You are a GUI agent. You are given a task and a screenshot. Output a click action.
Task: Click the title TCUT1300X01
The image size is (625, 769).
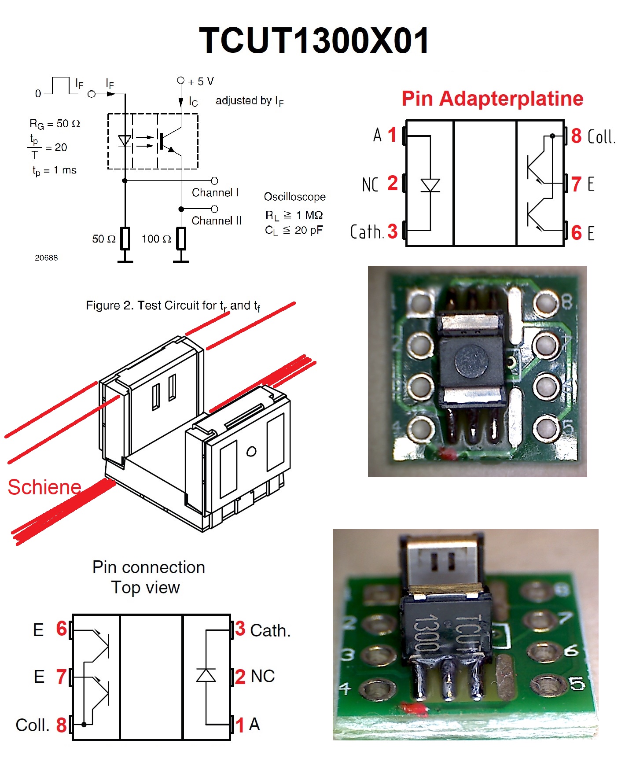pyautogui.click(x=314, y=40)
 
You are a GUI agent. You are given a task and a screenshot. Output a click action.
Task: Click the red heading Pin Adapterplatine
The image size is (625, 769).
pyautogui.click(x=492, y=99)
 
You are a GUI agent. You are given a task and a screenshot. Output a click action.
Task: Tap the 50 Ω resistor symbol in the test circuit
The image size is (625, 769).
pyautogui.click(x=125, y=239)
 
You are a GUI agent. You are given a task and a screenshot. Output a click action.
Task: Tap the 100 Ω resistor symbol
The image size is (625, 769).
pyautogui.click(x=181, y=239)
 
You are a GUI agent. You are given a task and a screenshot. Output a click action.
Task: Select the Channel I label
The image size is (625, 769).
pyautogui.click(x=215, y=193)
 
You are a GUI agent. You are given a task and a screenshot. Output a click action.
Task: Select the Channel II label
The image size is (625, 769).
pyautogui.click(x=217, y=221)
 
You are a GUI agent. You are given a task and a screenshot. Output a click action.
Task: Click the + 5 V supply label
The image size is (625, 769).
pyautogui.click(x=201, y=81)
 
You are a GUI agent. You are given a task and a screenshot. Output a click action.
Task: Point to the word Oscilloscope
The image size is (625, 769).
pyautogui.click(x=294, y=197)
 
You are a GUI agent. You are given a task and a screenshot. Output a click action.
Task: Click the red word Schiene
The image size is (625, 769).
pyautogui.click(x=44, y=487)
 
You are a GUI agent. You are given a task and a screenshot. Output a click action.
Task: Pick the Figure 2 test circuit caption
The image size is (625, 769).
pyautogui.click(x=173, y=305)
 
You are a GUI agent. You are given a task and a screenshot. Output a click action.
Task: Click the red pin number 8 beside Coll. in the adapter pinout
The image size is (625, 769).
pyautogui.click(x=576, y=136)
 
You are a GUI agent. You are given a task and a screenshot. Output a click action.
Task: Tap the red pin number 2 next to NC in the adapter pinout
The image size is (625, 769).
pyautogui.click(x=393, y=183)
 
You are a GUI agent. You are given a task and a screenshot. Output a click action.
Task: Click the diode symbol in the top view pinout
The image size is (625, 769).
pyautogui.click(x=206, y=675)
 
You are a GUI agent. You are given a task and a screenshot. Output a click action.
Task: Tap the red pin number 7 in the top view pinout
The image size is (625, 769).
pyautogui.click(x=61, y=677)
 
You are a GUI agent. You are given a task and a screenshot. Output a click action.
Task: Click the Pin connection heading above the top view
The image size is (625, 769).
pyautogui.click(x=148, y=567)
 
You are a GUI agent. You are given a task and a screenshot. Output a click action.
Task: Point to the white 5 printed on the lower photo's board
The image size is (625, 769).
pyautogui.click(x=577, y=683)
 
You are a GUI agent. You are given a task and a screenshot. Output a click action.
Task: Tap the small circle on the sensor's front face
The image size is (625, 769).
pyautogui.click(x=251, y=451)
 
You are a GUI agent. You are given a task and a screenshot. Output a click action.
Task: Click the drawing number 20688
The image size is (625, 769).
pyautogui.click(x=46, y=258)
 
